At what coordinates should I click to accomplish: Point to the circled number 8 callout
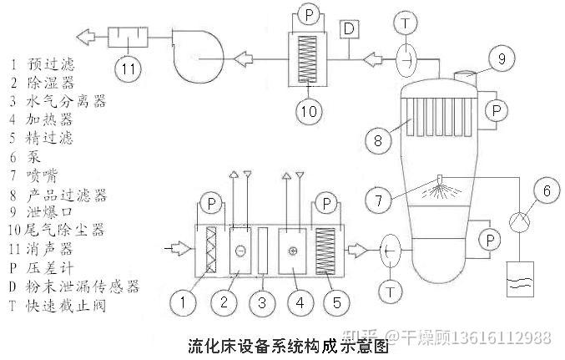point(378,139)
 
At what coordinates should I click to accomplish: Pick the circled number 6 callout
point(546,192)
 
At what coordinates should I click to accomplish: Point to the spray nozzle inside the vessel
point(440,178)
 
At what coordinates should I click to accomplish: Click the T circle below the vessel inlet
point(389,289)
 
